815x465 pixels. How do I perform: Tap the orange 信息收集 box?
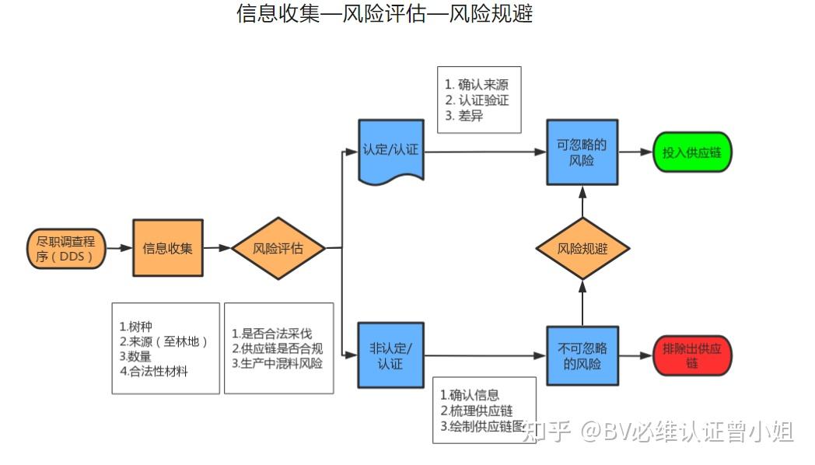point(167,249)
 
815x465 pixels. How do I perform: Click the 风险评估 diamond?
point(278,249)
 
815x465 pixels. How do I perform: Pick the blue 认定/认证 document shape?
point(390,150)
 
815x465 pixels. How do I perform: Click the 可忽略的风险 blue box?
point(582,152)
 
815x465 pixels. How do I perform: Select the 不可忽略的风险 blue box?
point(582,356)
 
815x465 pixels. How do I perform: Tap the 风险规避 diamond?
point(582,249)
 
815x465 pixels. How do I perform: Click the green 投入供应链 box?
point(691,152)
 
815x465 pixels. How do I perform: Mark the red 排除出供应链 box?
point(692,356)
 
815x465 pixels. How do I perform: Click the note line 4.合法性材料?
point(154,371)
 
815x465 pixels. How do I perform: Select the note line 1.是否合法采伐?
point(272,333)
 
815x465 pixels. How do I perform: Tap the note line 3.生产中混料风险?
point(278,363)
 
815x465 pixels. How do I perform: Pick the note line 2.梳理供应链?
point(476,411)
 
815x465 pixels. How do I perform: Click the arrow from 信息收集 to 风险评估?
point(217,249)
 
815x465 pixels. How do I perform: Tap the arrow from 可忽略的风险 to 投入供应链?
point(635,152)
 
